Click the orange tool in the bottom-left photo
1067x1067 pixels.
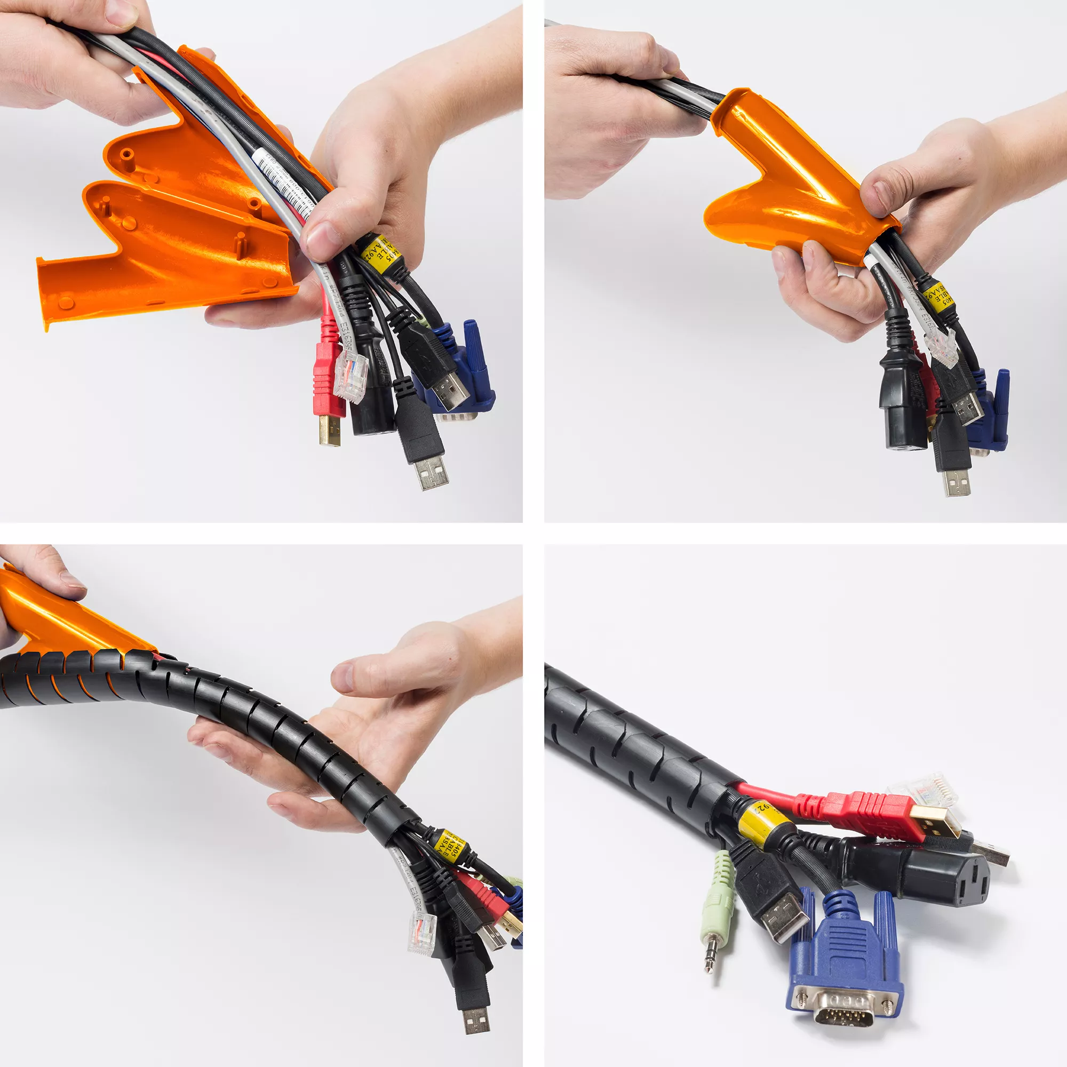click(61, 618)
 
